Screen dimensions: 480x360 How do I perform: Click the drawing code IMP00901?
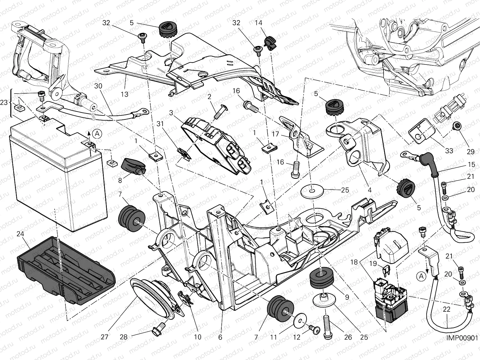coord(462,338)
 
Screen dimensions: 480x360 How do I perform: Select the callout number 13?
coord(124,94)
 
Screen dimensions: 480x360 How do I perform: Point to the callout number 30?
coord(98,86)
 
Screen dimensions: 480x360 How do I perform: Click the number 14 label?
coord(259,23)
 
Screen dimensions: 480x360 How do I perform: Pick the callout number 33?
coord(449,151)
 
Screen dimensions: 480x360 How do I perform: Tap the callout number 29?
coord(471,151)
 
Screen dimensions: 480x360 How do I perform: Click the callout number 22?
coord(446,309)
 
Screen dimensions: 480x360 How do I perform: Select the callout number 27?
coord(104,337)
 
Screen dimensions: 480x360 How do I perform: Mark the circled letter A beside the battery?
coord(97,133)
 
